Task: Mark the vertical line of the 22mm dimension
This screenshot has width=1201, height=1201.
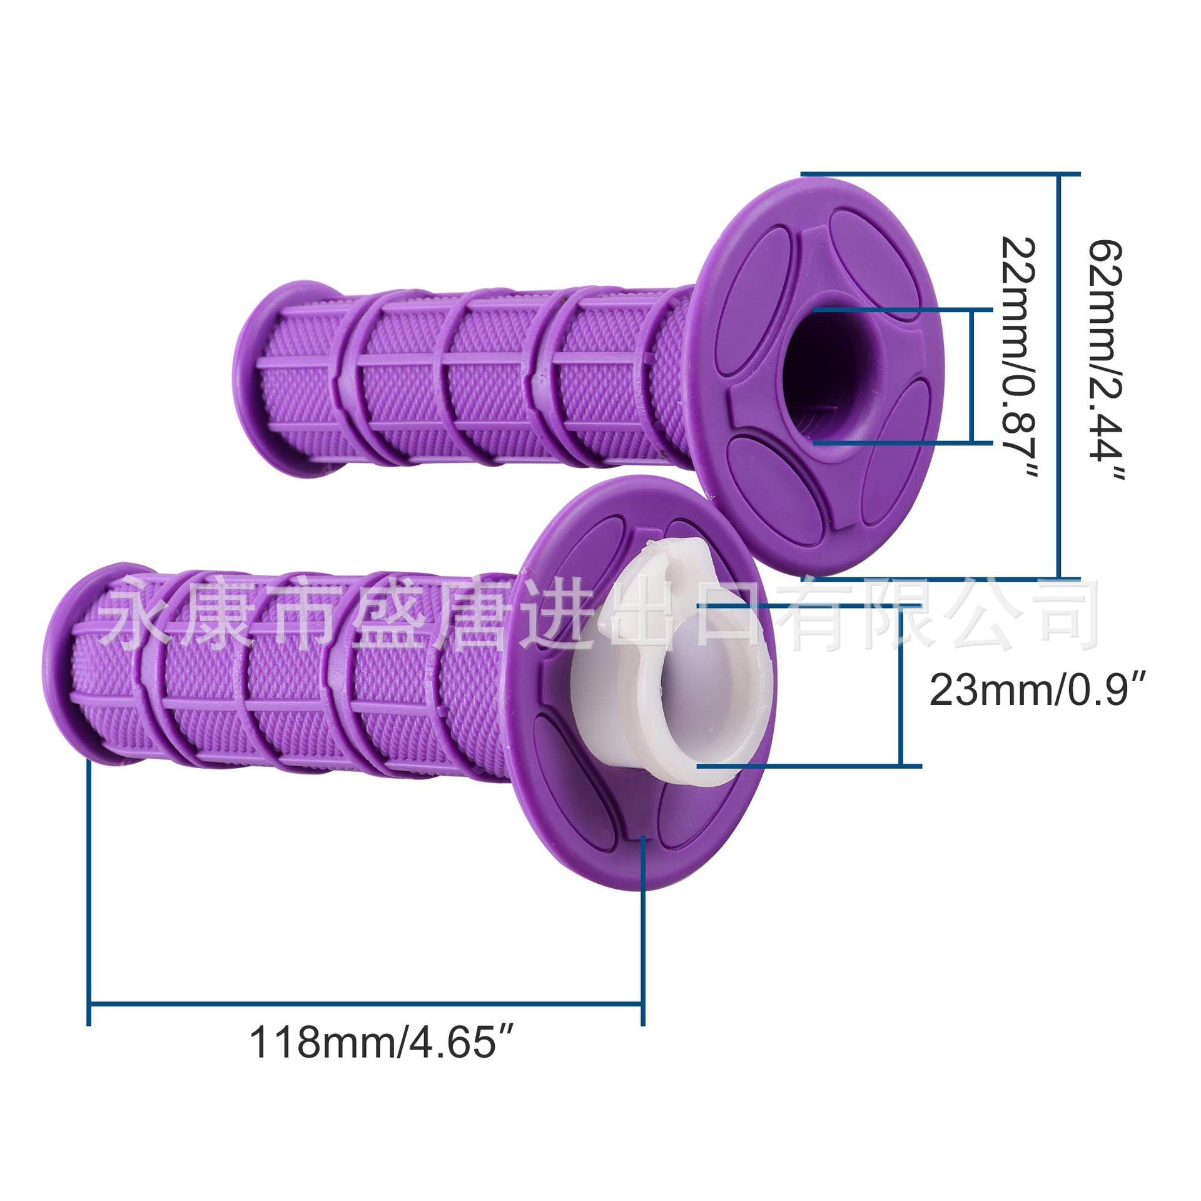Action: click(x=973, y=375)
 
